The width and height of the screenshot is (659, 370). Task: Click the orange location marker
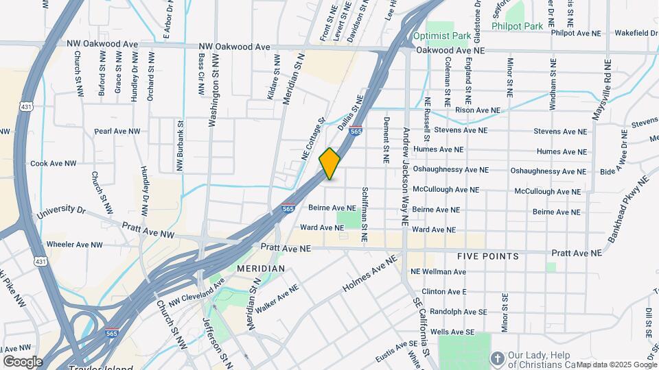pos(329,164)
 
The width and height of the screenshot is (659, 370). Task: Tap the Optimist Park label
pos(441,35)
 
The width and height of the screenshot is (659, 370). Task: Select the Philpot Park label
pos(517,26)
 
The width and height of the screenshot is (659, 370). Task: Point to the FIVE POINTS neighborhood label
pos(488,256)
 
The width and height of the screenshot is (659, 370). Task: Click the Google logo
pos(23,361)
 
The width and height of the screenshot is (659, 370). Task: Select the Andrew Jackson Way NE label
pos(406,177)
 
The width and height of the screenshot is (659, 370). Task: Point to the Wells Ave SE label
pos(452,332)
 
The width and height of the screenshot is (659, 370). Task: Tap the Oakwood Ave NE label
pos(450,51)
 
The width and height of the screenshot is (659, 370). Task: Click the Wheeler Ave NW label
pos(74,244)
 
